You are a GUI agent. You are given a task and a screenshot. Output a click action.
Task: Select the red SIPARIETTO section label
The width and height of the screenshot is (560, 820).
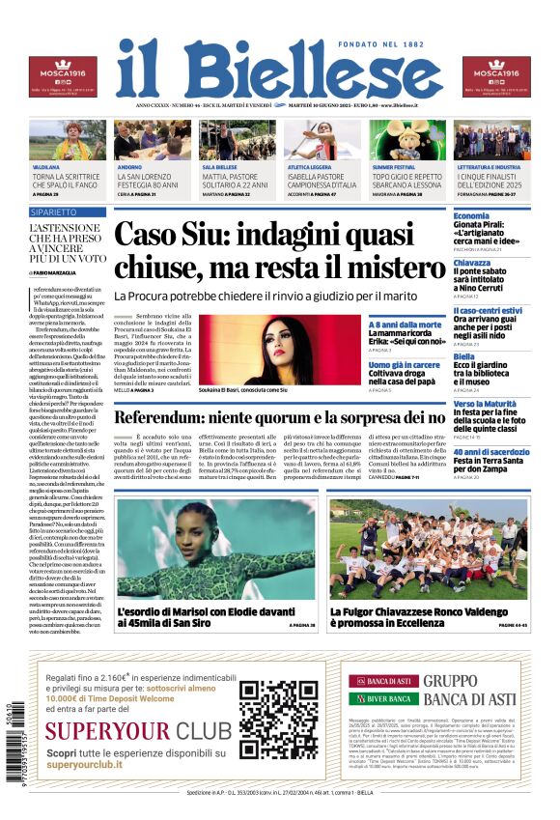(x=54, y=211)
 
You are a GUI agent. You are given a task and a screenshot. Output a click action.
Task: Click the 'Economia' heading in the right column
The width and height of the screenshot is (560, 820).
(x=471, y=215)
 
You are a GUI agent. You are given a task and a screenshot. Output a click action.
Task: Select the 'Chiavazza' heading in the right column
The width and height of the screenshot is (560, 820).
(x=473, y=263)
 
